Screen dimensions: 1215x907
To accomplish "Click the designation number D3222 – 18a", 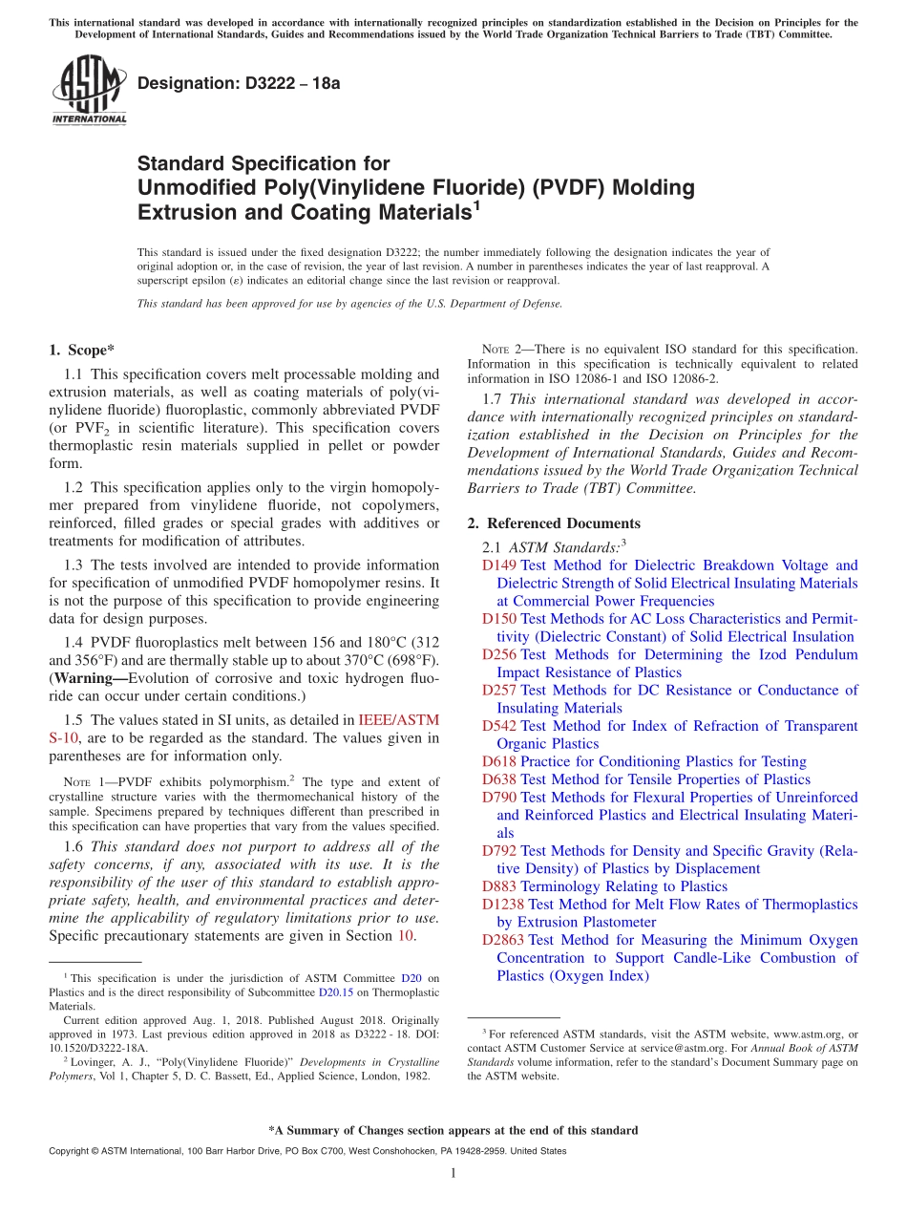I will click(239, 83).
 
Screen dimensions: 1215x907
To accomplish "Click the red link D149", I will click(499, 565).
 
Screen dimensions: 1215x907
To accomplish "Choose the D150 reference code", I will click(499, 619).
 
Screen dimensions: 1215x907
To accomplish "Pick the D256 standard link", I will click(499, 654).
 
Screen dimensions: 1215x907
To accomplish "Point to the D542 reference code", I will click(499, 726).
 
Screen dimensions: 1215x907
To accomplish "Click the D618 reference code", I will click(499, 761).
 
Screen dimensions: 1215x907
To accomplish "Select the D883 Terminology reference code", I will click(499, 886).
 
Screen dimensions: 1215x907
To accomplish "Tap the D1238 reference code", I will click(503, 905).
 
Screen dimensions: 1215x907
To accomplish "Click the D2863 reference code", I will click(503, 940).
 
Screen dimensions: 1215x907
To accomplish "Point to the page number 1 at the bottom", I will click(453, 1174).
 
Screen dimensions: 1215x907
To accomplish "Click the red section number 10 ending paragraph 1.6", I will click(405, 936).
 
